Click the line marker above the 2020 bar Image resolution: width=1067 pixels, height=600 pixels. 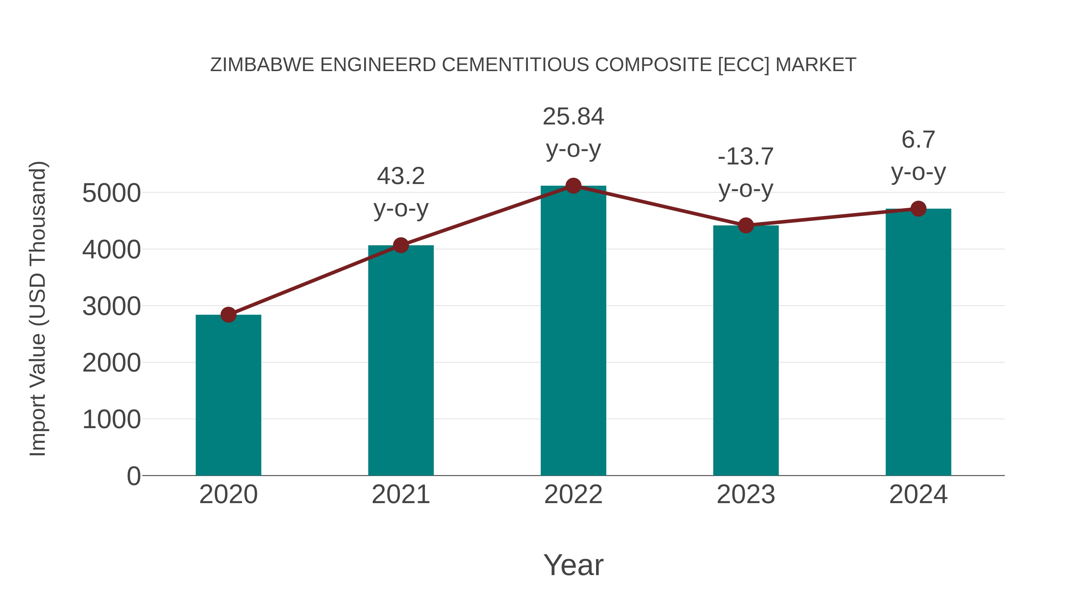(x=228, y=315)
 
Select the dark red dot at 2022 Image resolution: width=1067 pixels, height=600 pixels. (x=573, y=186)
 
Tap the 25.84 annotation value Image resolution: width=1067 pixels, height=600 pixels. (x=573, y=116)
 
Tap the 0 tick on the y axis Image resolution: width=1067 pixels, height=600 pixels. (x=133, y=476)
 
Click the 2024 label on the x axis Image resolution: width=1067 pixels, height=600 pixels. (x=918, y=495)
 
